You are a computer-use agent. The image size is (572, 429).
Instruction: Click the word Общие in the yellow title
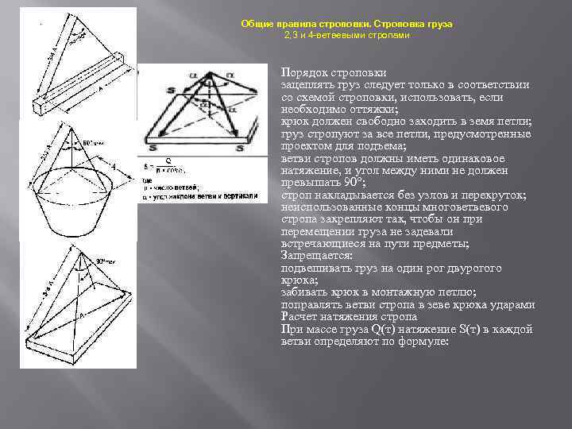tap(257, 24)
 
